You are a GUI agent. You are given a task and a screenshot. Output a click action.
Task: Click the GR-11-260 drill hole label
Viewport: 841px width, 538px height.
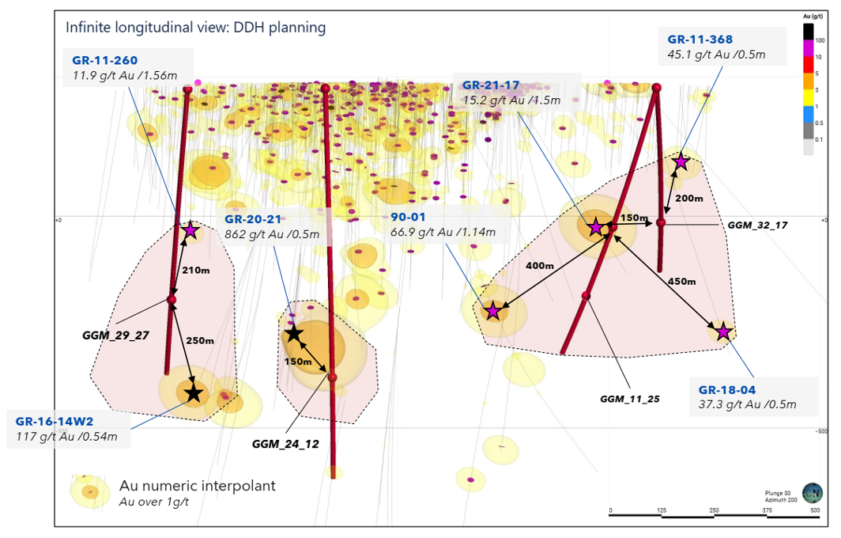coord(104,59)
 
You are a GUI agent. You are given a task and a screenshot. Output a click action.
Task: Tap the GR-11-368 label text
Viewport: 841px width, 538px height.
coord(700,39)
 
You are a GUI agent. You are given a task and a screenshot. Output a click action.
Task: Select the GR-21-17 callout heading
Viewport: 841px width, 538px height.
coord(490,85)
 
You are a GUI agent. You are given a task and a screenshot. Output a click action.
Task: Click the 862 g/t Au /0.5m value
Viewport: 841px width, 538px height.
coord(271,234)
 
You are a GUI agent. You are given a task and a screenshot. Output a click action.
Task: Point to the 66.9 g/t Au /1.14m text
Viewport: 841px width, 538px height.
coord(443,232)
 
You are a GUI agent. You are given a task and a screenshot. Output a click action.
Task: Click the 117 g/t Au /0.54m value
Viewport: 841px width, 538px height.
coord(66,436)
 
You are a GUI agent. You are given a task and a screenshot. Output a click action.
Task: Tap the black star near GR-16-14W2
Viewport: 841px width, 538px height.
coord(194,393)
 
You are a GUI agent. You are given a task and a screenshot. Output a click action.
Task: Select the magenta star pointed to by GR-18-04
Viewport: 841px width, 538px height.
coord(722,332)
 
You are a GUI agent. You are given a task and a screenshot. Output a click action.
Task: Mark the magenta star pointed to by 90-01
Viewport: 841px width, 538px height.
coord(492,311)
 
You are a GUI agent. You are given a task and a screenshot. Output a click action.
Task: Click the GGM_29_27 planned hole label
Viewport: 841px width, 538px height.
coord(115,335)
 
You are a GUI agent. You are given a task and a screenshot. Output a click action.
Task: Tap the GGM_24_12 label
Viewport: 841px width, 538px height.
coord(285,444)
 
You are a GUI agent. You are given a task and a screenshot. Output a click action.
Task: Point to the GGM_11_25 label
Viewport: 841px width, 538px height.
coord(629,399)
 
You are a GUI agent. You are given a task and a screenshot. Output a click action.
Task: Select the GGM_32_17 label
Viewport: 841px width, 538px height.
coord(757,225)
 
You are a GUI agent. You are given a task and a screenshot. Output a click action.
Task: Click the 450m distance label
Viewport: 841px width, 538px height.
coord(681,282)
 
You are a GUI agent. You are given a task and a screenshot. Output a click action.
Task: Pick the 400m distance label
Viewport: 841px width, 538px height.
coord(539,266)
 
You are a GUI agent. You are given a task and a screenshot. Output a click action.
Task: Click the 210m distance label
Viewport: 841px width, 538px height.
coord(196,270)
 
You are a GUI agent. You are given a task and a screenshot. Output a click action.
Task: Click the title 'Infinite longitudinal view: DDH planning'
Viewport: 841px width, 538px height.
coord(195,28)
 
